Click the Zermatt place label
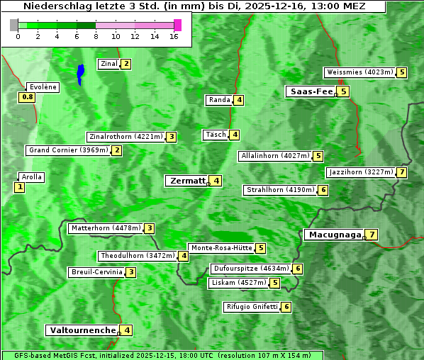point(187,181)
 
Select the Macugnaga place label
point(333,235)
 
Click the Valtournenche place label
point(82,330)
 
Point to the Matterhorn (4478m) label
point(105,228)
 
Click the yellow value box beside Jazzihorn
point(402,172)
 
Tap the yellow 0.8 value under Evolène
point(28,97)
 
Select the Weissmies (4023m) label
point(359,72)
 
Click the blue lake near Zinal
point(80,73)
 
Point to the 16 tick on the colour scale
point(174,35)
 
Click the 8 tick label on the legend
point(96,35)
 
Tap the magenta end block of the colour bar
point(177,25)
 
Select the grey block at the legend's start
point(14,25)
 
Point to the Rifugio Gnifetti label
point(252,307)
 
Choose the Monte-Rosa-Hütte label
point(221,248)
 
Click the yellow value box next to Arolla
point(19,187)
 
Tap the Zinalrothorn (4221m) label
point(125,137)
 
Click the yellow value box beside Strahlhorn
point(323,190)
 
